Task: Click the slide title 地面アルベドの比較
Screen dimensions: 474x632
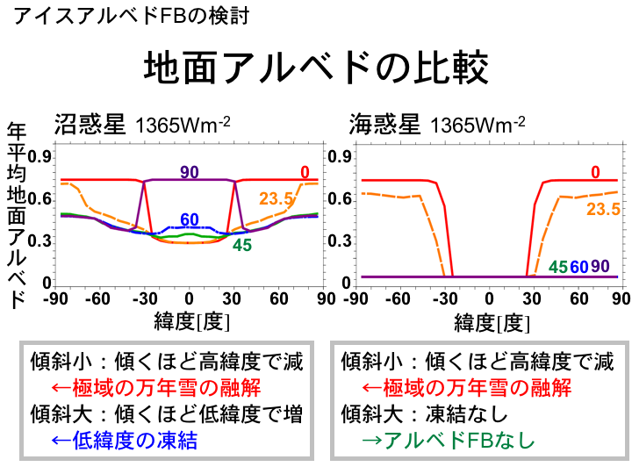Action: [315, 68]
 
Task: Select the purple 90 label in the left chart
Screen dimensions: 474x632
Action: [189, 172]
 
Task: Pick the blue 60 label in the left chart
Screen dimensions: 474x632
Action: [189, 220]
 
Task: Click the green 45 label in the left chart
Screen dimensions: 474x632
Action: [242, 246]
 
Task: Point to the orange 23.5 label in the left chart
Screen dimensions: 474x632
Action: [276, 199]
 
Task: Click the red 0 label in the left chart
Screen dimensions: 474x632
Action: [304, 172]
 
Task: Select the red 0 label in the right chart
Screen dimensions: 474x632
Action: [595, 172]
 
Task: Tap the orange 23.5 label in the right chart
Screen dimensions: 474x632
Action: [603, 209]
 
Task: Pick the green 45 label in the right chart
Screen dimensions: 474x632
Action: [558, 267]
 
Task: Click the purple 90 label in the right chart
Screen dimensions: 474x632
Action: [600, 267]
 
